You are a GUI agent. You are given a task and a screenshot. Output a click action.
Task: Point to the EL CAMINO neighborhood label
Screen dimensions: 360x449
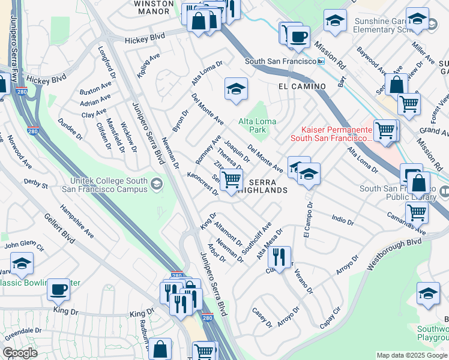coord(302,86)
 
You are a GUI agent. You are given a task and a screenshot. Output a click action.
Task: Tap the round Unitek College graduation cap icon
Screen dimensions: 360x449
coord(157,182)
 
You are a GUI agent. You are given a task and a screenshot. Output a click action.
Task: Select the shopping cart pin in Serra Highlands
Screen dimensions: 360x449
coord(231,179)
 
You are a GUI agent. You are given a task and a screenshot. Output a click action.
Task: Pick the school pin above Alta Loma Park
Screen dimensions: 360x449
coord(237,89)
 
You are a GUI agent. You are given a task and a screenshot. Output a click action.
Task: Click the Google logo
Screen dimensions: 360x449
coord(20,353)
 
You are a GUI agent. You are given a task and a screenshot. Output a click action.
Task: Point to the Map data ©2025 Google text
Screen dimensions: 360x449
coord(411,355)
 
